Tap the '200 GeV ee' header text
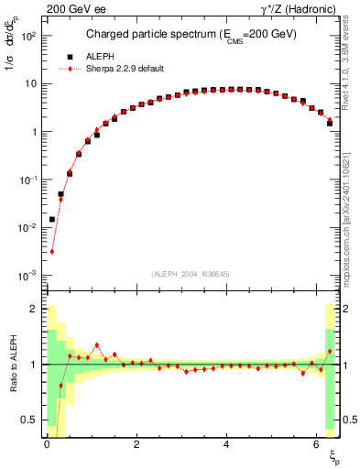[75, 10]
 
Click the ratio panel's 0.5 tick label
[29, 420]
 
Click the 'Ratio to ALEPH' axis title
[14, 365]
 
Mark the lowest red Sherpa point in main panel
[52, 252]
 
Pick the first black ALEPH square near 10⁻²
[52, 219]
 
